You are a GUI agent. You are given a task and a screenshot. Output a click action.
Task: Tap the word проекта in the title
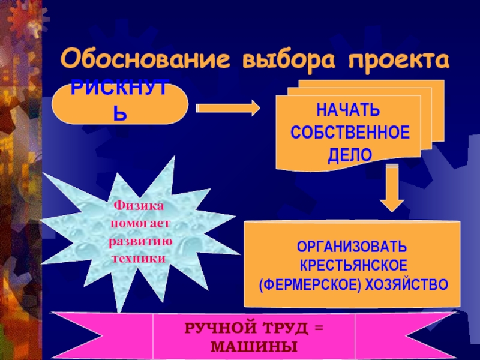396,61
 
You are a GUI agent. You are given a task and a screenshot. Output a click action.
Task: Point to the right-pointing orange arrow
228,109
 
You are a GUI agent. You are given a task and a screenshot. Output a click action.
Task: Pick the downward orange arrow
392,187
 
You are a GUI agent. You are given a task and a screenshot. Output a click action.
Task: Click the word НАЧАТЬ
350,112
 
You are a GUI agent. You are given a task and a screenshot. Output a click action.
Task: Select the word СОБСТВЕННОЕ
350,133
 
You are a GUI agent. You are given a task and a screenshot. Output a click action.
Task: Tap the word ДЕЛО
350,154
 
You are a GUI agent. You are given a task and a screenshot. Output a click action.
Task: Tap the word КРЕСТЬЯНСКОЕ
353,265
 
